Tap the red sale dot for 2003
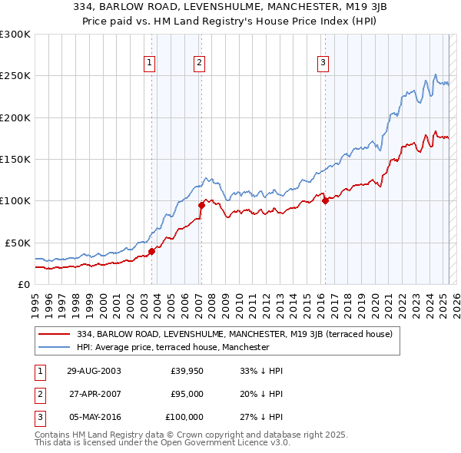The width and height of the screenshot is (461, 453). pos(152,250)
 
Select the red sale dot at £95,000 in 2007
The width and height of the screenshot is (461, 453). pos(201,205)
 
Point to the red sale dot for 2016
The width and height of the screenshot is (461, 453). pos(325,201)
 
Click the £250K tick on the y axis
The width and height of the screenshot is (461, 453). pos(15,76)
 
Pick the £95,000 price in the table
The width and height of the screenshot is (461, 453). pos(186,394)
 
